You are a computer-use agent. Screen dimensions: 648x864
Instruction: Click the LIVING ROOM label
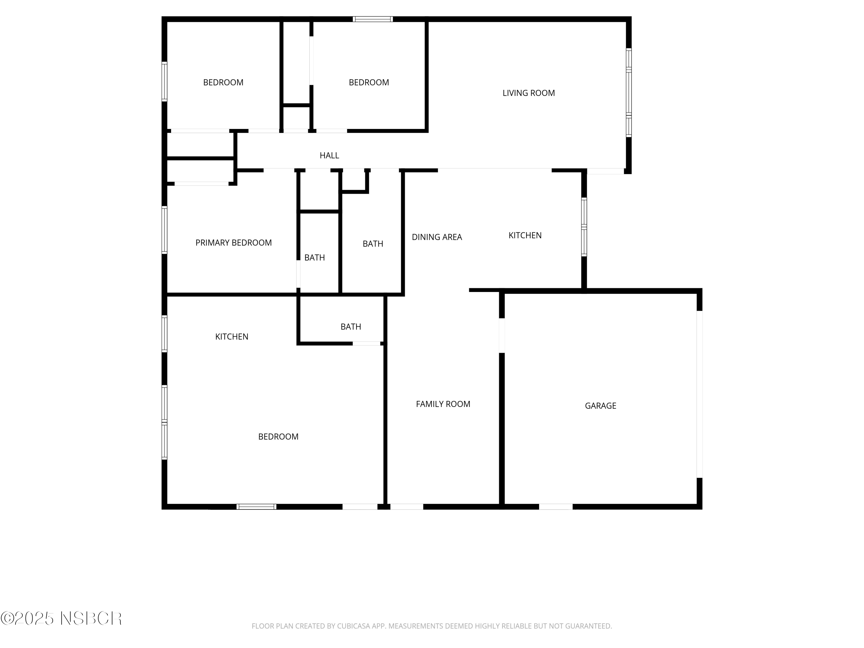(528, 93)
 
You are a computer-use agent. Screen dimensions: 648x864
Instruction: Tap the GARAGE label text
(600, 406)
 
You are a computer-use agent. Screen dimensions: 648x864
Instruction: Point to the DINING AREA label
(437, 237)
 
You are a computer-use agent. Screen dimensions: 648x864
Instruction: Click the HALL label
(329, 156)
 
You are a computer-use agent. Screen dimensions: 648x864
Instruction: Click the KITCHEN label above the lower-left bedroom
(232, 337)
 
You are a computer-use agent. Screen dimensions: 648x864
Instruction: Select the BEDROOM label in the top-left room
(223, 82)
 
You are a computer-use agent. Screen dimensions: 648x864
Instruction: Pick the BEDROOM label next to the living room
(369, 82)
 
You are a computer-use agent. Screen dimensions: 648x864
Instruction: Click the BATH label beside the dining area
(373, 244)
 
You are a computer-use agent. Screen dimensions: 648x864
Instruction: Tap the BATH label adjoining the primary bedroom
(314, 257)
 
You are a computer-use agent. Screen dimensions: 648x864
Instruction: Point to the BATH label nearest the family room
(351, 327)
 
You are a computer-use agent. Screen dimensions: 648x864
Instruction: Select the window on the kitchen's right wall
(584, 227)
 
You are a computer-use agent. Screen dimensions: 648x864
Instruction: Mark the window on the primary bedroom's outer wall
(164, 230)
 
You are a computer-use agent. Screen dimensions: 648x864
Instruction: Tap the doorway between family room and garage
(502, 336)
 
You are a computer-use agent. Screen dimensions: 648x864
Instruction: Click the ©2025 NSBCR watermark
(61, 618)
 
